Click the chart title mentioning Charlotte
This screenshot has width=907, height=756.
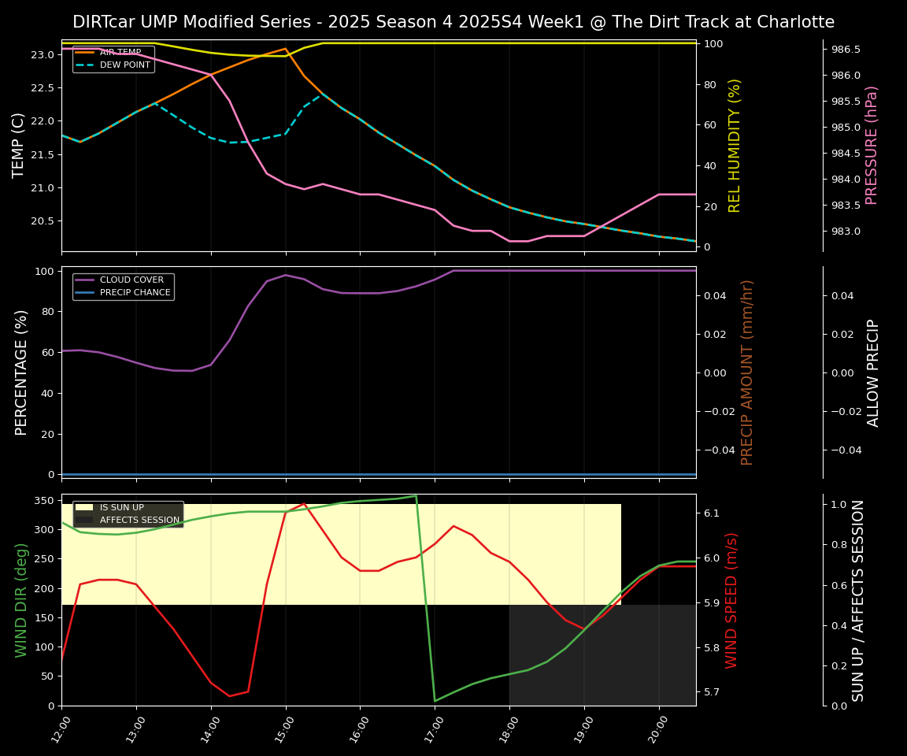tap(453, 22)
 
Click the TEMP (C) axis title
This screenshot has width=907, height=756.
tap(19, 145)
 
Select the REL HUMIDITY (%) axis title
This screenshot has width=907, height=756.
tap(735, 145)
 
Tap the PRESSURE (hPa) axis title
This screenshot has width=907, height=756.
tap(872, 145)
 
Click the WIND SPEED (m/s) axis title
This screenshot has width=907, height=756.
tap(731, 600)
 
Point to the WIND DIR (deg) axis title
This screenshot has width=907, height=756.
tap(21, 600)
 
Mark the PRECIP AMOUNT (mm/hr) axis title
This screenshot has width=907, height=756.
tap(747, 372)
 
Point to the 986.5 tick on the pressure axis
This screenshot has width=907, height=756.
tap(846, 50)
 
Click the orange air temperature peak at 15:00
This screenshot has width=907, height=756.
tap(285, 49)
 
